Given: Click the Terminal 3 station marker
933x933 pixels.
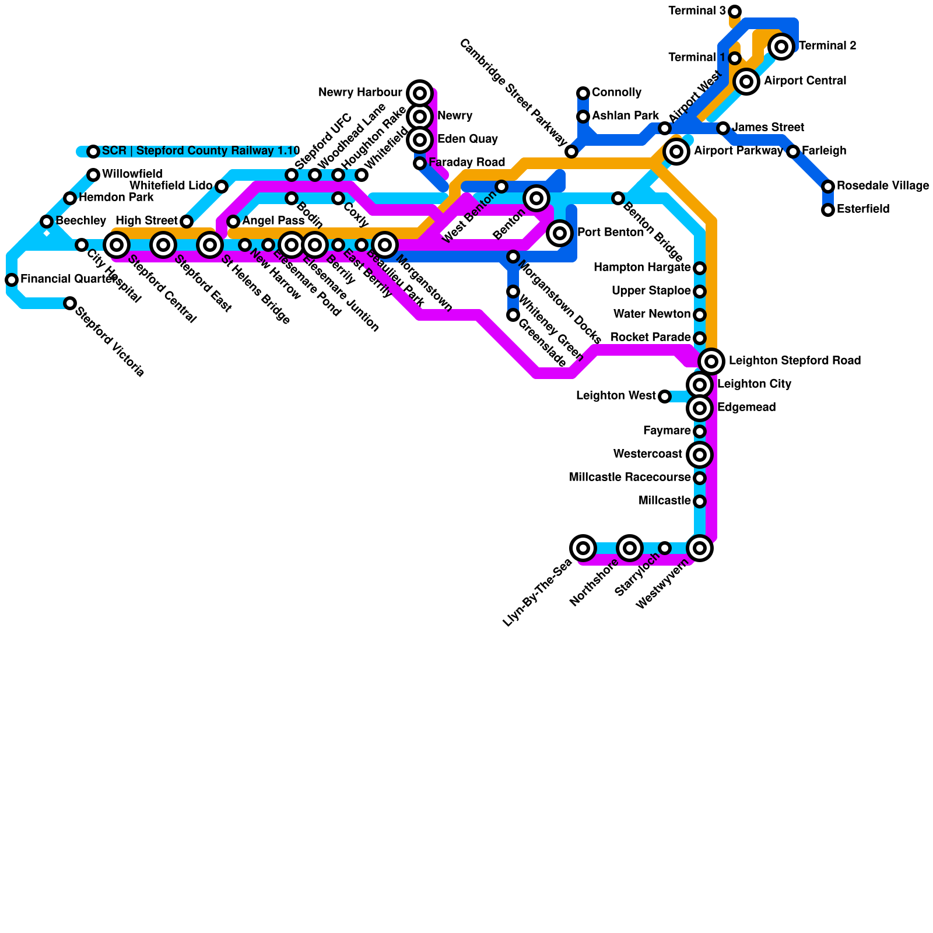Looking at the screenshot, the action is pos(735,12).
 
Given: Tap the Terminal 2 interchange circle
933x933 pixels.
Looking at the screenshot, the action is pos(781,46).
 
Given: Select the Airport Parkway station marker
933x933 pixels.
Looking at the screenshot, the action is pos(676,152).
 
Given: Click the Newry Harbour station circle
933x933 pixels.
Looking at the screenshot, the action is pos(419,93).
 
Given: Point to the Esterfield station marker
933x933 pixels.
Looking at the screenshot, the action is pos(828,210).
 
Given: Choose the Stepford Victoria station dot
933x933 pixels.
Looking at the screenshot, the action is pos(70,303).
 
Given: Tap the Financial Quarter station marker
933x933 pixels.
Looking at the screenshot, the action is pos(12,280).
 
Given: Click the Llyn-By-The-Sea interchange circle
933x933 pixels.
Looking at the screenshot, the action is pos(583,548).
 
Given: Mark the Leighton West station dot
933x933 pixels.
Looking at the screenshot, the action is pos(665,397).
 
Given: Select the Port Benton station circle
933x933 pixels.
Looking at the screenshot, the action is pos(560,233).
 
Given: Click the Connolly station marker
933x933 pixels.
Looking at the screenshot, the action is pos(583,93).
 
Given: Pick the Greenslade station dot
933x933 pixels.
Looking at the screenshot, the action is pos(513,315).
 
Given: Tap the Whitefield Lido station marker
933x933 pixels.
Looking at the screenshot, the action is pos(222,187).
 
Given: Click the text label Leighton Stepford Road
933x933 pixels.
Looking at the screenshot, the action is pos(794,361).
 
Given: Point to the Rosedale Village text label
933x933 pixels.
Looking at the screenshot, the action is pos(882,186).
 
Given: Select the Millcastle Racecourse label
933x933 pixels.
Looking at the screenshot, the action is pos(629,478).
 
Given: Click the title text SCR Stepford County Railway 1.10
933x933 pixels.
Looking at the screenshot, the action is pos(201,151).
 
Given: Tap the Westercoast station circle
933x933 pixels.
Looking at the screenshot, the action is pos(700,455).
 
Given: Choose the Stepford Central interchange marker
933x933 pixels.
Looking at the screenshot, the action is pos(117,245).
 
